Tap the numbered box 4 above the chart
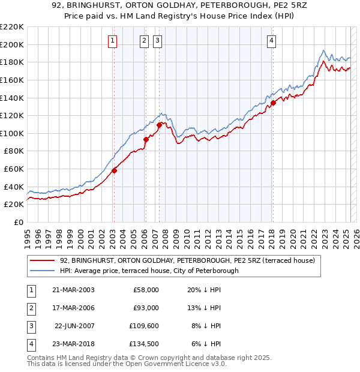272,41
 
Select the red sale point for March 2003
114,170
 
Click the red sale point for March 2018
273,103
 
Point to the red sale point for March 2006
146,139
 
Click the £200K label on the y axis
12,44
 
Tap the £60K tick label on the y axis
14,169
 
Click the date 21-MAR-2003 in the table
73,290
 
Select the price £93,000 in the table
145,308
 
